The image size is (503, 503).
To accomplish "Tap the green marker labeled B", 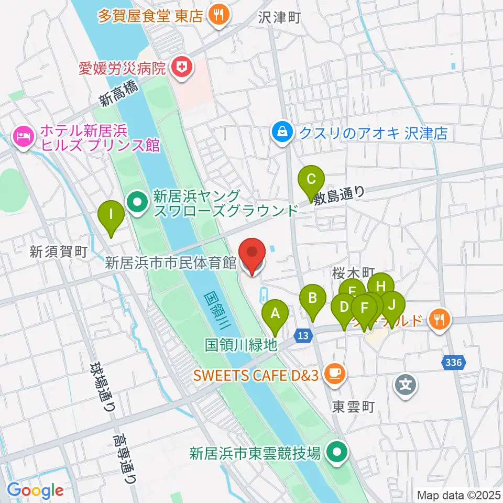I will [x=312, y=299].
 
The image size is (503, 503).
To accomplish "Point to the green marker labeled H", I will [x=381, y=287].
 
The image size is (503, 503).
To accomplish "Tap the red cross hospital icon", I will [x=182, y=67].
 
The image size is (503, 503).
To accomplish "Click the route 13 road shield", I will [x=302, y=335].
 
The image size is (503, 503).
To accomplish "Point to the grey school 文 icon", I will [x=406, y=385].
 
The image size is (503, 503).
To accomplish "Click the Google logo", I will [x=35, y=490].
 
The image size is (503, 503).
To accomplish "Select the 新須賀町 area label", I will [x=58, y=251].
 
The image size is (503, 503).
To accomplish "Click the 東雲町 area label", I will [x=354, y=407].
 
